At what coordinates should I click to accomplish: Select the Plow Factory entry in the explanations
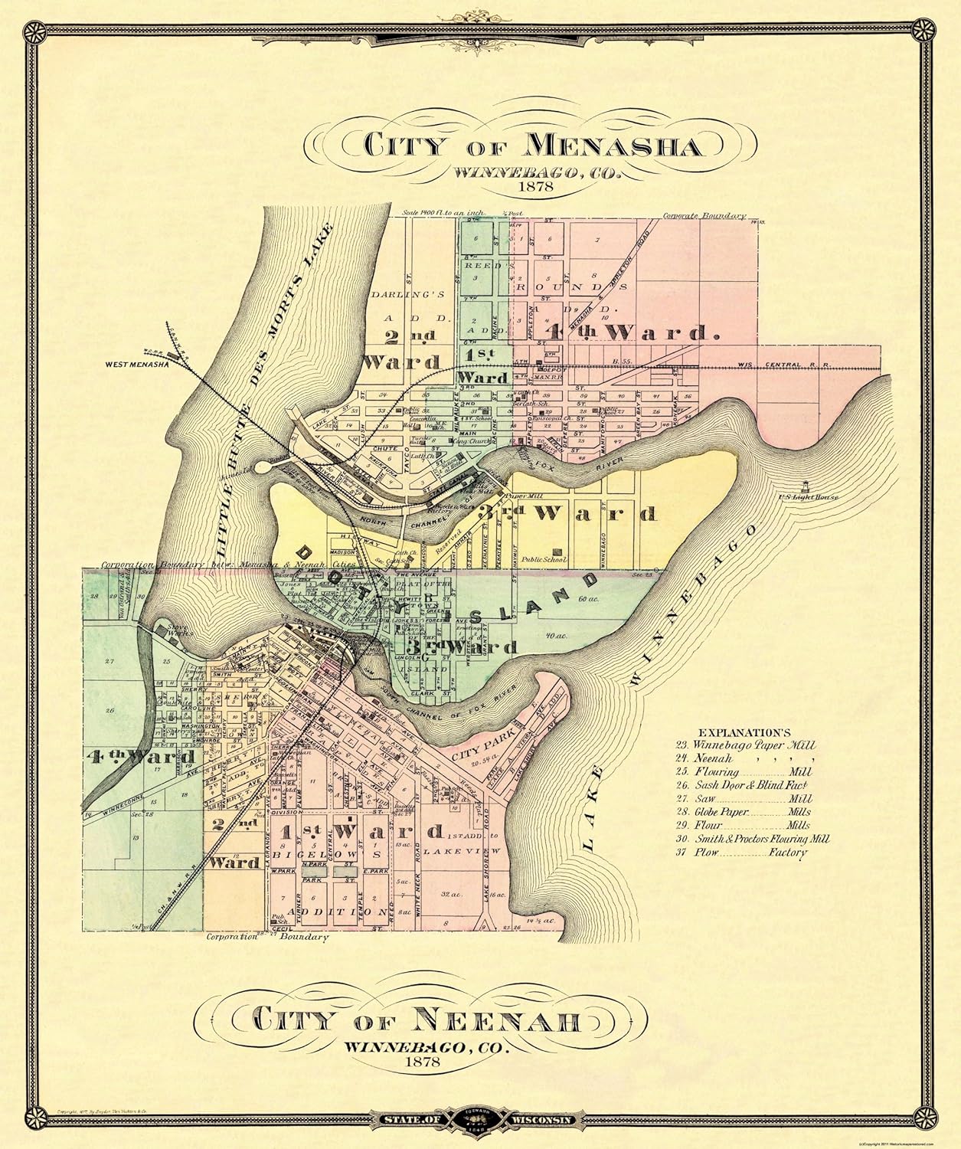click(x=741, y=852)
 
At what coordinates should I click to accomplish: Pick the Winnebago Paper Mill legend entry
click(x=745, y=744)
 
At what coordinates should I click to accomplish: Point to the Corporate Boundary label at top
click(x=704, y=217)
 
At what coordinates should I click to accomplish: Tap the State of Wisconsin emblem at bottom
click(x=479, y=1120)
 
